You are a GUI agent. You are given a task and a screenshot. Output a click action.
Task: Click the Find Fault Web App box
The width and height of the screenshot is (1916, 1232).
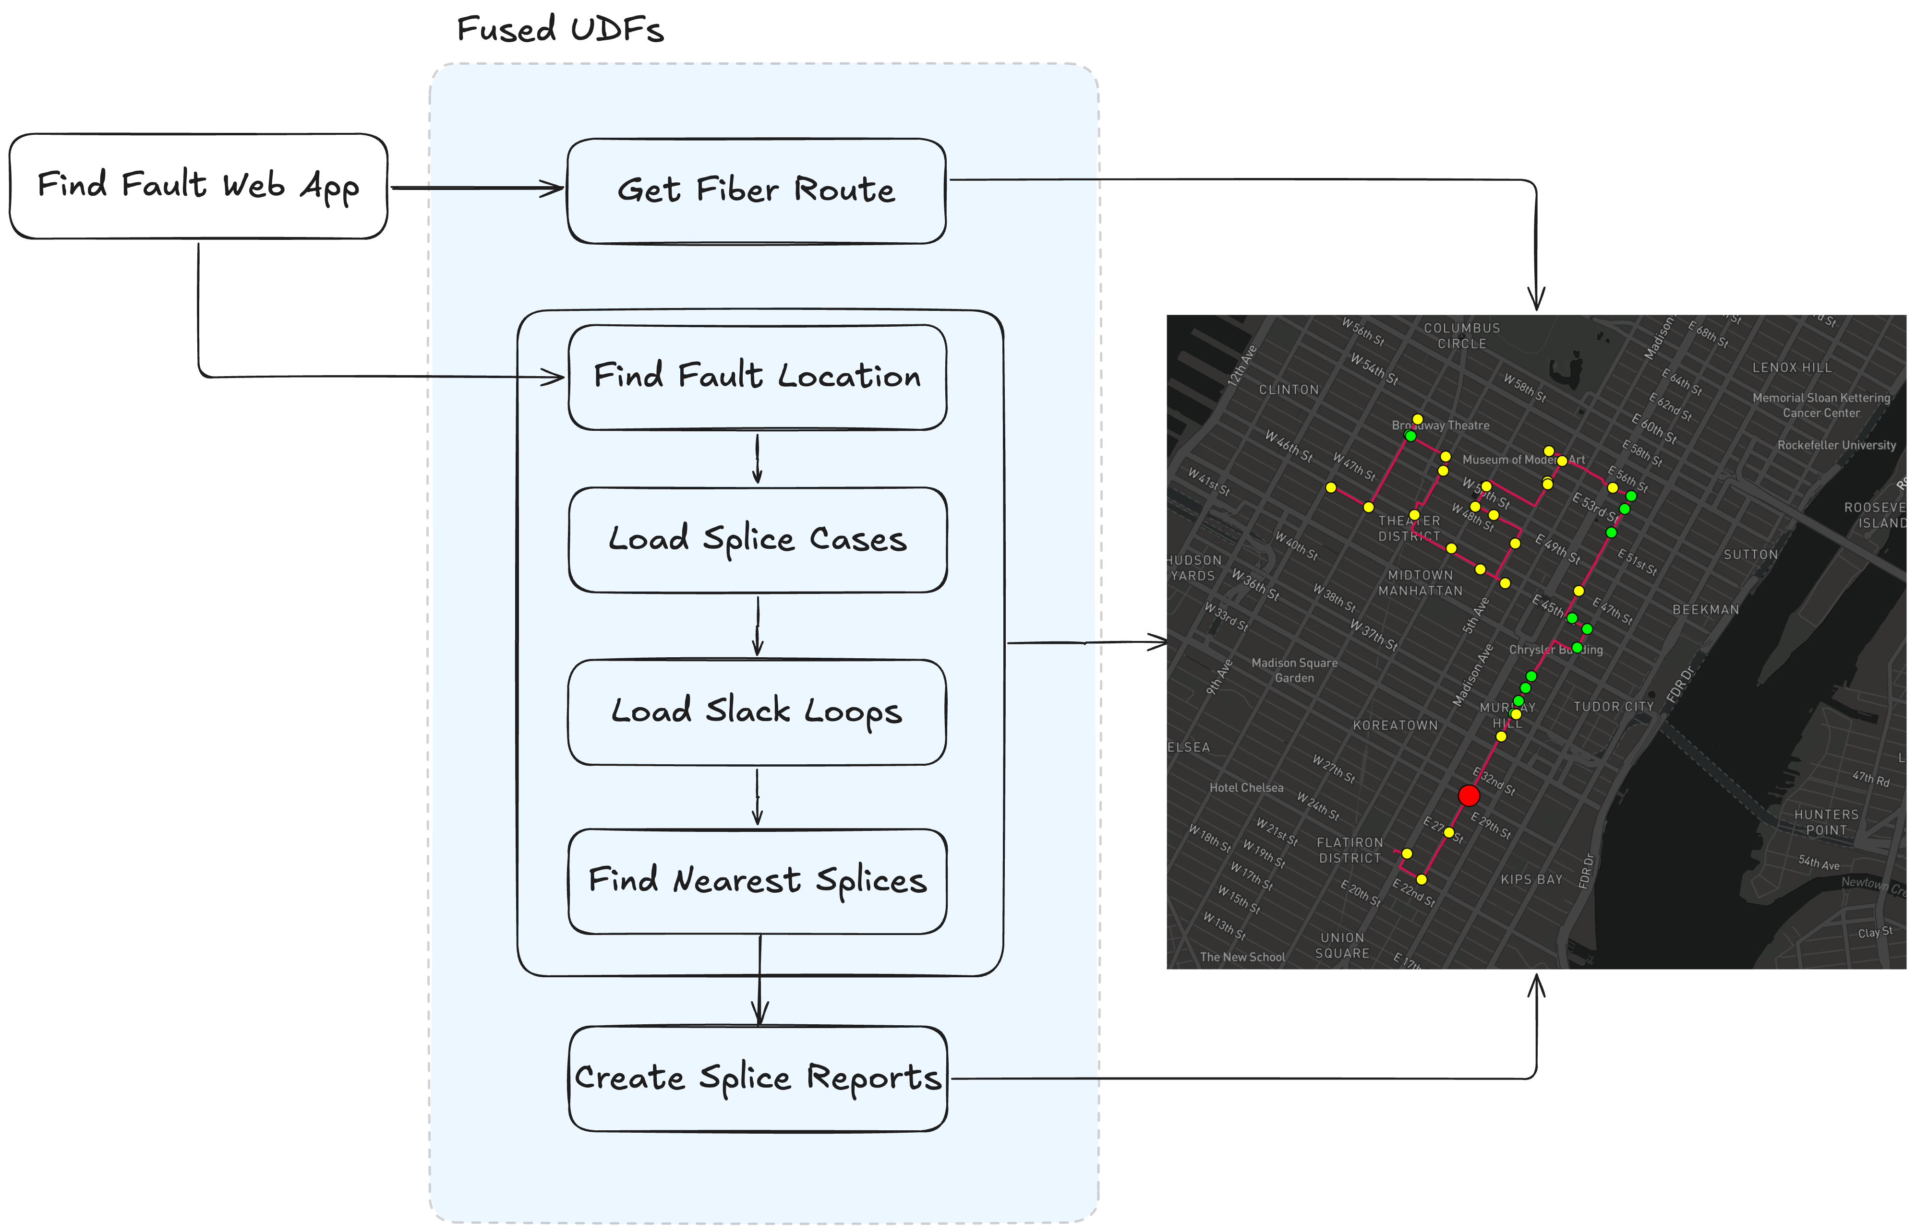click(198, 186)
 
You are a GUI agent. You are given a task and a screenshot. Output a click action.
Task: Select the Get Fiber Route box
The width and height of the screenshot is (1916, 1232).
click(756, 190)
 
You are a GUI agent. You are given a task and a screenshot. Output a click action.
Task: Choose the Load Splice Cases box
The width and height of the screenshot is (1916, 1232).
click(757, 539)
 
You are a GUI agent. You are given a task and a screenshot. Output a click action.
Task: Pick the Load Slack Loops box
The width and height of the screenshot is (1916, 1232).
click(756, 711)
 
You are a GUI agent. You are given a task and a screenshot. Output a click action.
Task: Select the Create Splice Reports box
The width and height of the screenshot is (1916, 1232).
click(757, 1078)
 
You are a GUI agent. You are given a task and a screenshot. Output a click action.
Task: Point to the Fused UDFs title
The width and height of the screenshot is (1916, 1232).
click(560, 30)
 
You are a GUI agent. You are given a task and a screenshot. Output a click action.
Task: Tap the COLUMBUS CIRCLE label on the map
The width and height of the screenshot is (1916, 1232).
click(1461, 336)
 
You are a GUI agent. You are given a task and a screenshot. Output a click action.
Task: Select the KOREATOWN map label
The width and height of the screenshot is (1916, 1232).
click(1395, 725)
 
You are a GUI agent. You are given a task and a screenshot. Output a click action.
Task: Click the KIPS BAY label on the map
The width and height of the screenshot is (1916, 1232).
click(1531, 880)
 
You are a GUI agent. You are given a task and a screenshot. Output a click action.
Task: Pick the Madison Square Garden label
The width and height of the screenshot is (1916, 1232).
click(1294, 670)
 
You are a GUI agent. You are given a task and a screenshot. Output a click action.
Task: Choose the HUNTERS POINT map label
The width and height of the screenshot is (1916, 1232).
click(1826, 822)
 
